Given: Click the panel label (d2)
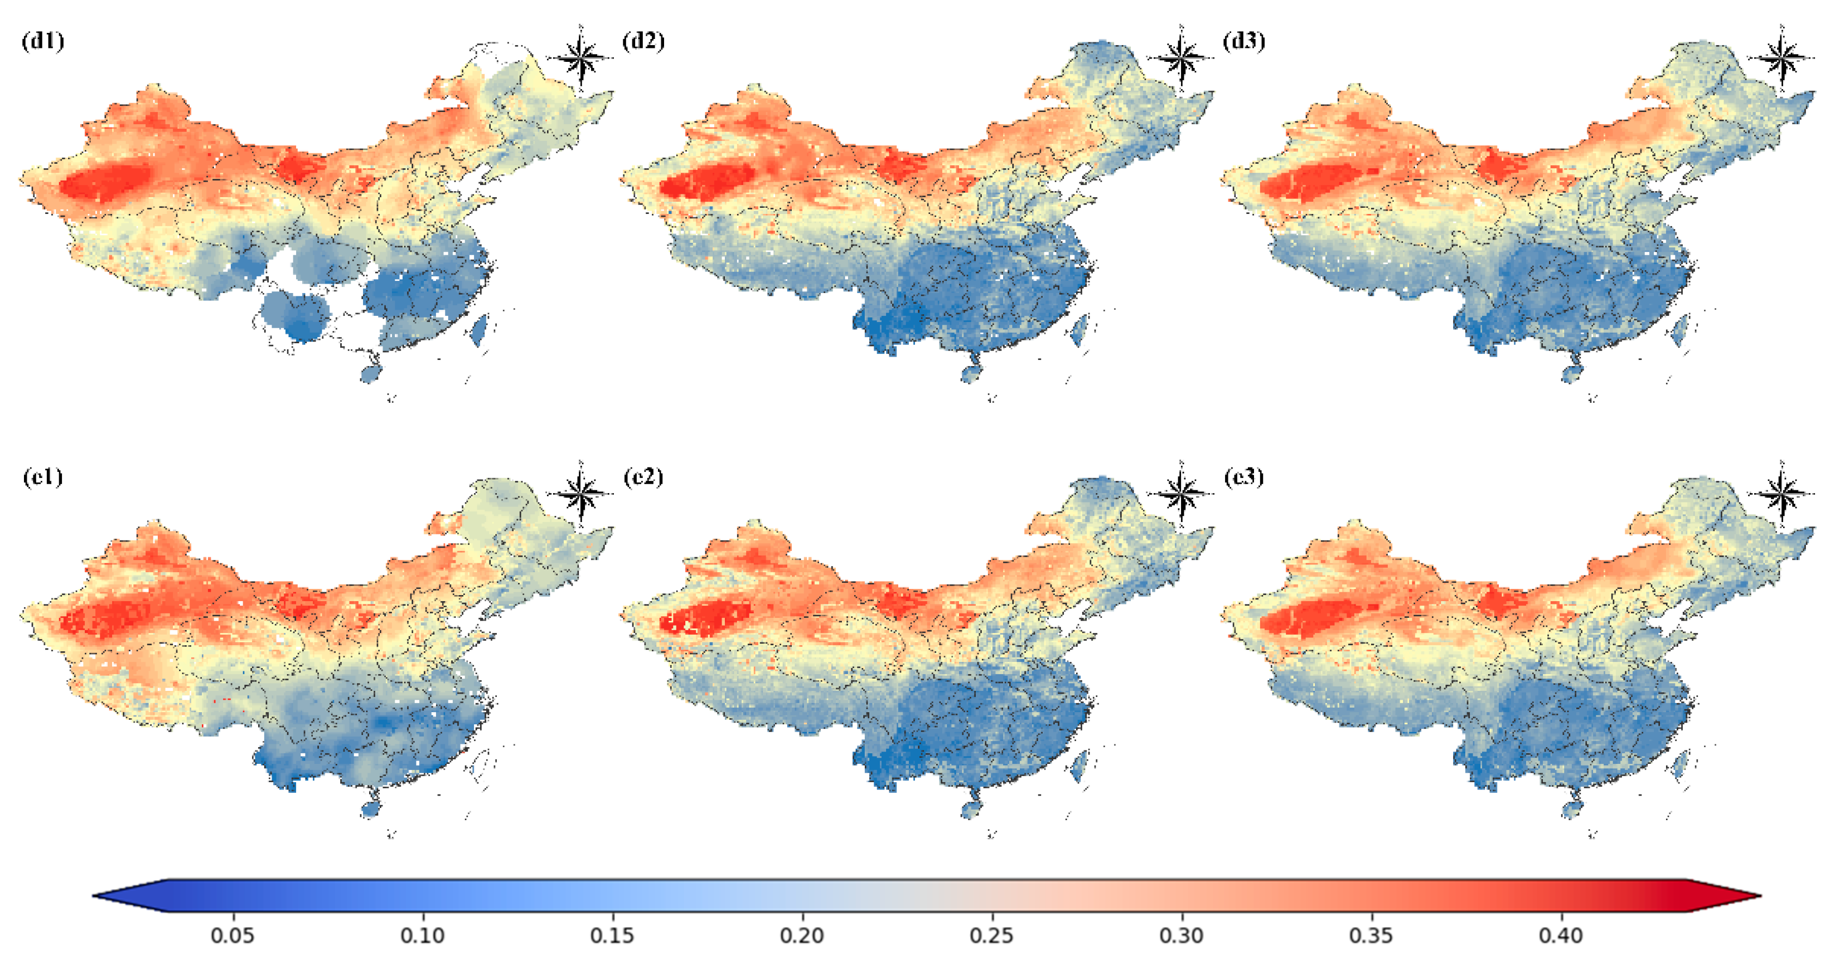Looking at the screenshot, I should tap(643, 41).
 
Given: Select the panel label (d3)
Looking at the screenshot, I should tap(1243, 41).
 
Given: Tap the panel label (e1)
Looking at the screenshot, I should tap(42, 476).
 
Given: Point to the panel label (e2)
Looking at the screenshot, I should tap(643, 476).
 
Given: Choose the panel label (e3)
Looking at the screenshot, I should tap(1243, 476).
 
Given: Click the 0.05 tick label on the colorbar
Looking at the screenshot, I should tap(233, 935).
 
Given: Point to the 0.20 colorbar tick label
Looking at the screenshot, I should tap(802, 935).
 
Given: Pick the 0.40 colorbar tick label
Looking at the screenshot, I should tap(1561, 935).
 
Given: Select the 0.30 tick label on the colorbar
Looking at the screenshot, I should tap(1182, 935).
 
